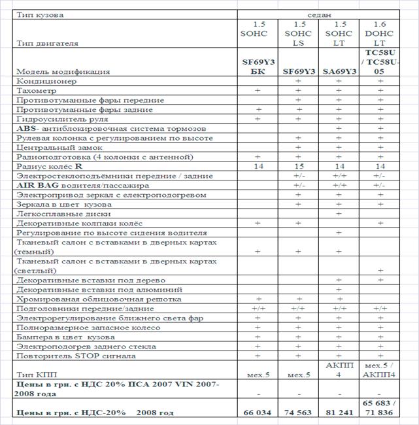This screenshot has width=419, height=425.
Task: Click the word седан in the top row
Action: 318,14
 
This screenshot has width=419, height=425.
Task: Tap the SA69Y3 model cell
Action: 339,71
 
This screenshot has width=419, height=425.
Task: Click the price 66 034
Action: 257,413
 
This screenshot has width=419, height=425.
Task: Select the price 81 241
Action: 339,413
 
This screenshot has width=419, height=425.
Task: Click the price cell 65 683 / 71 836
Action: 380,408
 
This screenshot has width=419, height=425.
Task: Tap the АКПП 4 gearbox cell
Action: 339,370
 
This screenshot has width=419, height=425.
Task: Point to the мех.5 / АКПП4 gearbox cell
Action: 380,370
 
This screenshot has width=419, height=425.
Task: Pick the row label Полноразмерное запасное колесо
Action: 83,328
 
